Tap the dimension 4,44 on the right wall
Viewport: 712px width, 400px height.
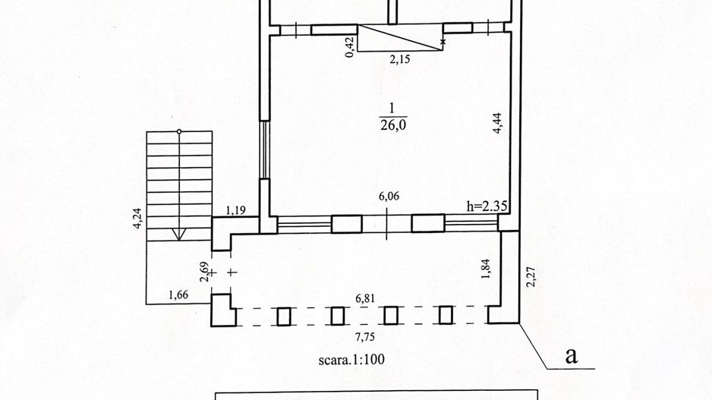(498, 123)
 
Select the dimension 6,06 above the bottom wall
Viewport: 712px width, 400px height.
(389, 196)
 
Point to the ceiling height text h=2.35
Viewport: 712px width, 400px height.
(487, 207)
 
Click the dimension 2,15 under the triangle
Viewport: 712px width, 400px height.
(399, 59)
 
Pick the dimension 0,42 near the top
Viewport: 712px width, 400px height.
(350, 47)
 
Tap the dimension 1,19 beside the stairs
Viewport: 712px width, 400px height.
(235, 210)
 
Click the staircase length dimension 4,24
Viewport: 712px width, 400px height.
(137, 219)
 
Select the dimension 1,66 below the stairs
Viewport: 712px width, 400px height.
(178, 295)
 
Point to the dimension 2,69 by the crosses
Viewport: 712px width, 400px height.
(205, 272)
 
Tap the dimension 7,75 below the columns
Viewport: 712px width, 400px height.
(365, 337)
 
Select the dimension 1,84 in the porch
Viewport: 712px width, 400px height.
(486, 269)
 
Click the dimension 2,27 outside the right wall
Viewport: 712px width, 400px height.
(531, 277)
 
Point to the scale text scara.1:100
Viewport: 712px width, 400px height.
(351, 360)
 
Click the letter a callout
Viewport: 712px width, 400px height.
(572, 356)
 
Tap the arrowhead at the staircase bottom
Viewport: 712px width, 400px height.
(179, 235)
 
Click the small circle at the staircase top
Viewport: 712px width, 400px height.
(179, 131)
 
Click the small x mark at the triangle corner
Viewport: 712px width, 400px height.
(443, 42)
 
